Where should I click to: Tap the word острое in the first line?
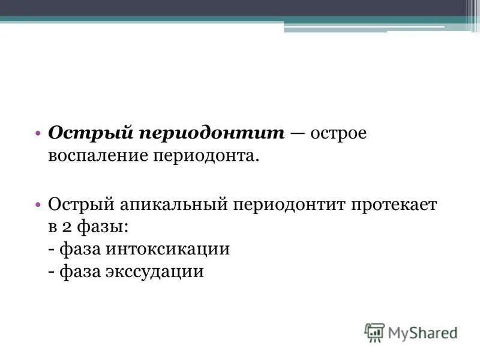point(338,133)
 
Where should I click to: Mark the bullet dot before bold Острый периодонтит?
point(38,133)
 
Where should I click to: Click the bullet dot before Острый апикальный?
point(38,205)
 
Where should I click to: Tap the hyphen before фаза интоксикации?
point(52,249)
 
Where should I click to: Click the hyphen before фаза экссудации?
point(52,271)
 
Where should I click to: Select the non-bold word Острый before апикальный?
point(80,205)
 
